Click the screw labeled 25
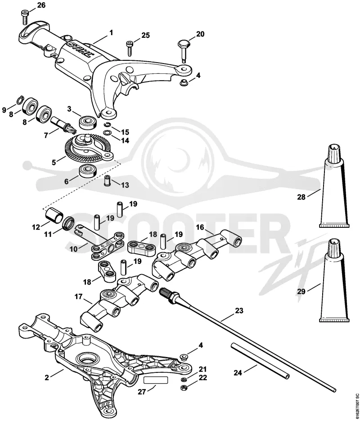(129, 48)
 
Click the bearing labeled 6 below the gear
(87, 171)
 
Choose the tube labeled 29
(334, 280)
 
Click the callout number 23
(239, 311)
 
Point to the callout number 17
(78, 297)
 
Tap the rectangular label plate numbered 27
(156, 380)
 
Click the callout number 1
(111, 33)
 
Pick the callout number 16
(200, 227)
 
